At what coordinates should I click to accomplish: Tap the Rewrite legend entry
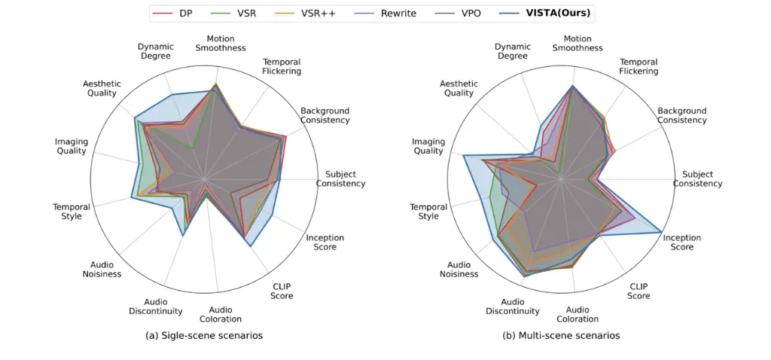[x=387, y=14]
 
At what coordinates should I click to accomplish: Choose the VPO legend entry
[x=463, y=14]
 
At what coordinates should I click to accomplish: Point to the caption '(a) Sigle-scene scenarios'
[x=204, y=335]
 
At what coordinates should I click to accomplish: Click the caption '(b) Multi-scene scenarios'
[x=561, y=335]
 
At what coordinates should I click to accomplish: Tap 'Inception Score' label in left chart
[x=325, y=242]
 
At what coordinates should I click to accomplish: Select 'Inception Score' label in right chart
[x=681, y=242]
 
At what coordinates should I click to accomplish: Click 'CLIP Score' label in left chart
[x=282, y=291]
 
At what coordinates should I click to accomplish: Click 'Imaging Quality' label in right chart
[x=428, y=146]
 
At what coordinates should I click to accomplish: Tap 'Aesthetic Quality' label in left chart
[x=100, y=88]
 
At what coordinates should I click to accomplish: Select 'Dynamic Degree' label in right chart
[x=512, y=50]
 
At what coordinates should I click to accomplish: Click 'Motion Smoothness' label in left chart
[x=221, y=43]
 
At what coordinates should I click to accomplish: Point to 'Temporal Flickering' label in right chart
[x=638, y=66]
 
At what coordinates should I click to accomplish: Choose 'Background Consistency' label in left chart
[x=325, y=115]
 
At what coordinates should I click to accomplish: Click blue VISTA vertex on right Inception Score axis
[x=662, y=230]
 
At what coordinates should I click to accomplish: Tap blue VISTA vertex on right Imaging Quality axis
[x=463, y=156]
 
